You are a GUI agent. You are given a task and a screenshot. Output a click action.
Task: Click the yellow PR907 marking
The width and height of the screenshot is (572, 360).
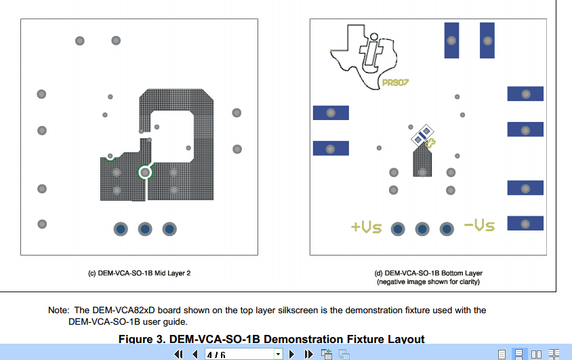point(394,83)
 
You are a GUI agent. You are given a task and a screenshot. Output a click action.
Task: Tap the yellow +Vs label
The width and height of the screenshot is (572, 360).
point(366,227)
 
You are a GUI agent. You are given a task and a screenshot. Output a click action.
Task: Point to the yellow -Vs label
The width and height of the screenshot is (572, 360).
point(479,224)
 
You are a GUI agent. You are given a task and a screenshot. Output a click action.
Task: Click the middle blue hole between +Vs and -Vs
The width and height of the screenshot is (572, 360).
point(422,228)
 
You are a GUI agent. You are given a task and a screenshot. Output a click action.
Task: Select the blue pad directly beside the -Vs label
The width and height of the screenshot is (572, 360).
point(525,223)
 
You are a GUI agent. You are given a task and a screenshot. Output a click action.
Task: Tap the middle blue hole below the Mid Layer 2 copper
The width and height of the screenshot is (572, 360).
point(145,229)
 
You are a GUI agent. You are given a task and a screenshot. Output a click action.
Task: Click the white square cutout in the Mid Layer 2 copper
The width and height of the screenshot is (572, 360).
point(171,138)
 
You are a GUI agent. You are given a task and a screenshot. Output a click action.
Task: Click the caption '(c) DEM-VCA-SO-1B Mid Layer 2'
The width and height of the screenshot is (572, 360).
point(139,273)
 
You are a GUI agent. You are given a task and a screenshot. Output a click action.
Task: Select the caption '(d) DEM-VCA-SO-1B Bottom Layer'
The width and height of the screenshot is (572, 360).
point(428,273)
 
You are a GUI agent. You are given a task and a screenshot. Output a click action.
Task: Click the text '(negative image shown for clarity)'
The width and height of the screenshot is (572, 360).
point(428,281)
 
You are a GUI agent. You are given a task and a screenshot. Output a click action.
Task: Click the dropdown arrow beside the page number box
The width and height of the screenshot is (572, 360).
point(278,354)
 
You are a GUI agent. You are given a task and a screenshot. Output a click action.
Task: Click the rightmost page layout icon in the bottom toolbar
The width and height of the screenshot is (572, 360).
point(553,354)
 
